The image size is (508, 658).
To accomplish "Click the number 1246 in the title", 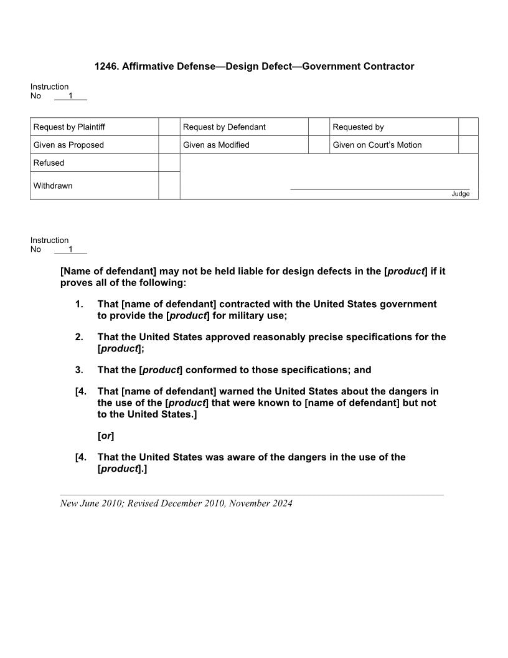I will [x=106, y=66].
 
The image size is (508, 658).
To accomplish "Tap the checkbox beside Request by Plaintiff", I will [x=169, y=126].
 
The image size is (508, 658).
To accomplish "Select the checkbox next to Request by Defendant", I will [x=319, y=126].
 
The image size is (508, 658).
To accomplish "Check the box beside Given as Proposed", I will [x=169, y=145].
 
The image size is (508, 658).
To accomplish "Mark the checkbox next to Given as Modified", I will [x=319, y=145].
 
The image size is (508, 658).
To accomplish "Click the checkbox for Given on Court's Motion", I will [x=468, y=145].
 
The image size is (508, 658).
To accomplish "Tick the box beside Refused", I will [x=169, y=163].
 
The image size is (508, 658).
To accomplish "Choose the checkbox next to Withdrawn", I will [x=169, y=186].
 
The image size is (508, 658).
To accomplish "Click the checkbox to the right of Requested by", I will [x=468, y=126].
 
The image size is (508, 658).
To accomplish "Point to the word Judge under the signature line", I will [x=460, y=194].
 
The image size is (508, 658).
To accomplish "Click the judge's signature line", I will [x=380, y=188].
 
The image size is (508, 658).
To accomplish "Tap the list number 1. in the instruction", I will [x=79, y=304].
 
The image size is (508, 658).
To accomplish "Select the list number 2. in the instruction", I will [x=79, y=337].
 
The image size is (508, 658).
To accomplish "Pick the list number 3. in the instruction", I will [x=79, y=370].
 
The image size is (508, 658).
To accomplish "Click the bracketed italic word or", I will [x=106, y=436].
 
